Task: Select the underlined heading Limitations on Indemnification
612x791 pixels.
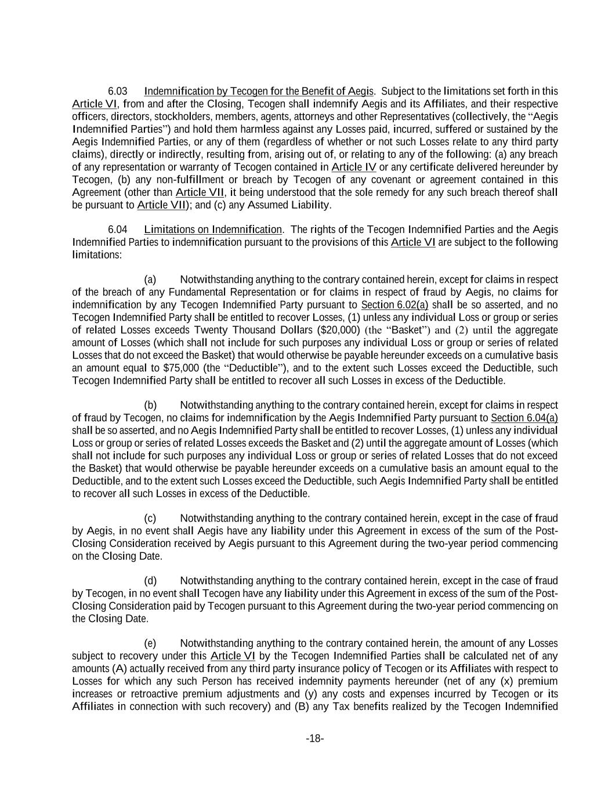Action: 213,229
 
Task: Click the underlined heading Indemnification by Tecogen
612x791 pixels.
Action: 259,92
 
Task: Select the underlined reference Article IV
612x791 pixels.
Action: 354,167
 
